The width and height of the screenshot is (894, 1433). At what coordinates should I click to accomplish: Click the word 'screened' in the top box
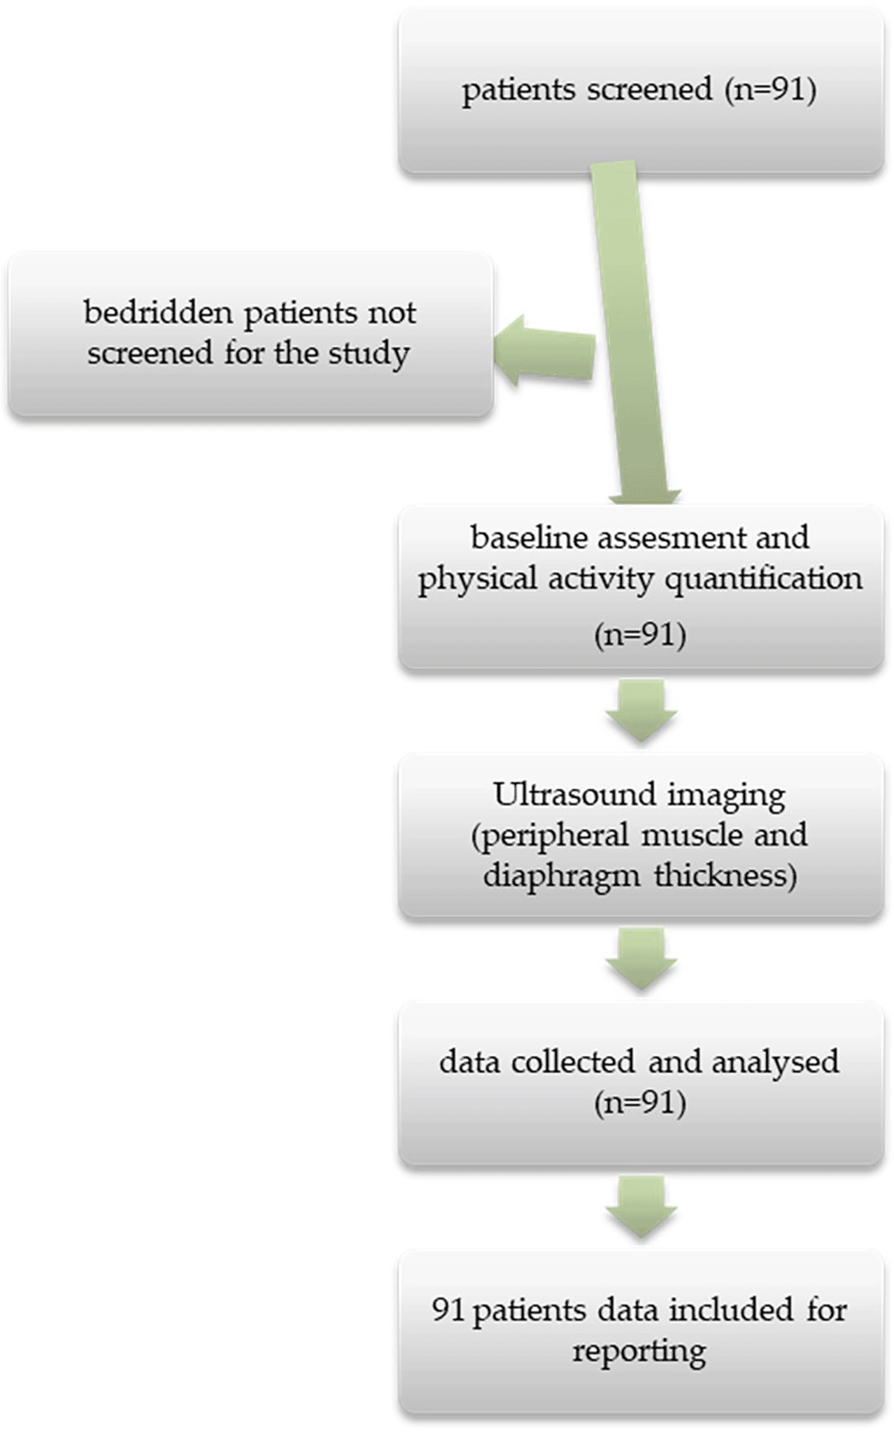click(649, 90)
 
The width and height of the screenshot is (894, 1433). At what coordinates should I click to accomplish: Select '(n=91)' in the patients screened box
click(771, 90)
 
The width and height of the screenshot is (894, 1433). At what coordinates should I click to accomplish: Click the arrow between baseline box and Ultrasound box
click(641, 711)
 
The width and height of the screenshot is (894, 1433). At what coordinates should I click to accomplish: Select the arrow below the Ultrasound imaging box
click(641, 959)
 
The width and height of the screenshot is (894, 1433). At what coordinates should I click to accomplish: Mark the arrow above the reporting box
click(641, 1207)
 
